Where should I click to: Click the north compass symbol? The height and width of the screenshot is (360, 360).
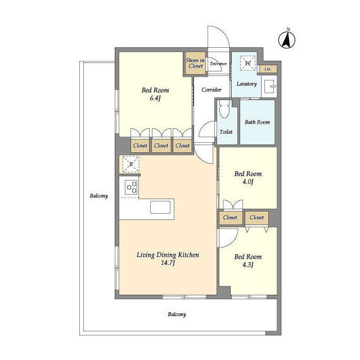pyautogui.click(x=287, y=40)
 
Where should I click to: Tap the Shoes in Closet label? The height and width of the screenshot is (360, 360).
pyautogui.click(x=195, y=63)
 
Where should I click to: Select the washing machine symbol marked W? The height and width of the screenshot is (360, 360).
pyautogui.click(x=247, y=63)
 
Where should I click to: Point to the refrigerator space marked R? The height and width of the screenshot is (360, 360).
pyautogui.click(x=131, y=164)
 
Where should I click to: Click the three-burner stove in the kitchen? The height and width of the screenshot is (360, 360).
pyautogui.click(x=131, y=187)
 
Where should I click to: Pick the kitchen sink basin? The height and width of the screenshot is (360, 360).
pyautogui.click(x=160, y=207)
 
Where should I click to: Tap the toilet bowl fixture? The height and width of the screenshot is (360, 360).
pyautogui.click(x=224, y=110)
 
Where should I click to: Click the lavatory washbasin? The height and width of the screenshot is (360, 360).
pyautogui.click(x=269, y=86)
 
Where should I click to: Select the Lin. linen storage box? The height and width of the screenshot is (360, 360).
pyautogui.click(x=268, y=69)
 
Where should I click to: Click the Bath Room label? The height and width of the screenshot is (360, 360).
pyautogui.click(x=257, y=122)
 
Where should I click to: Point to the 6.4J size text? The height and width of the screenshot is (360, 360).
pyautogui.click(x=155, y=98)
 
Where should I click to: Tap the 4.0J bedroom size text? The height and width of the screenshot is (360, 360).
pyautogui.click(x=248, y=182)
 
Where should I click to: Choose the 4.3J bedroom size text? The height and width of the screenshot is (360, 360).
pyautogui.click(x=248, y=265)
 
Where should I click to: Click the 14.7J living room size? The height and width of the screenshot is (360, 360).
pyautogui.click(x=168, y=263)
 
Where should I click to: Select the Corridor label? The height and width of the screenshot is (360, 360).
pyautogui.click(x=211, y=90)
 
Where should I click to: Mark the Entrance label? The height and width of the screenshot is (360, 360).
pyautogui.click(x=218, y=64)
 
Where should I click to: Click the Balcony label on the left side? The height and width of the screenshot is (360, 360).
pyautogui.click(x=99, y=196)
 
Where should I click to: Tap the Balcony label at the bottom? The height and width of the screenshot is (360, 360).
pyautogui.click(x=177, y=314)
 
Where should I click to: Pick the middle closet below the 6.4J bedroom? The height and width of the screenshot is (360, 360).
pyautogui.click(x=161, y=146)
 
